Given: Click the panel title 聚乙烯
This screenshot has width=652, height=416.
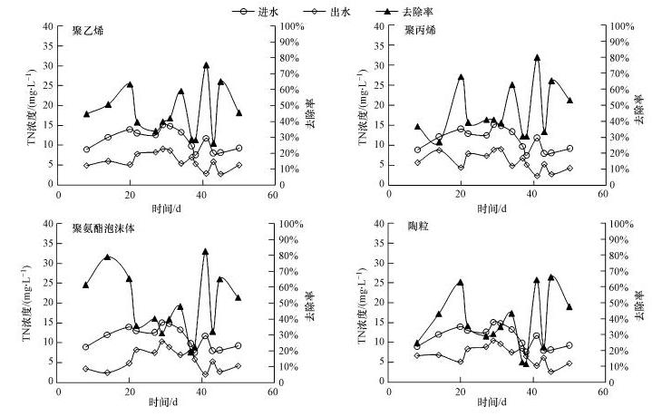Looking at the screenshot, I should pyautogui.click(x=88, y=31).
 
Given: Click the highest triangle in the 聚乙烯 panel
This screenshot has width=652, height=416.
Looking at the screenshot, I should pyautogui.click(x=207, y=65).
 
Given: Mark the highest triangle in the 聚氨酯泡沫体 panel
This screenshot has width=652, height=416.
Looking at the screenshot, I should pyautogui.click(x=206, y=251).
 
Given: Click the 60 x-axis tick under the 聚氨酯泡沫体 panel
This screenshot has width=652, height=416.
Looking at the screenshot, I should pyautogui.click(x=273, y=394).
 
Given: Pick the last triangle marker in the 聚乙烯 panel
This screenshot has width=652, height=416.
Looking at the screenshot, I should pyautogui.click(x=239, y=113).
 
